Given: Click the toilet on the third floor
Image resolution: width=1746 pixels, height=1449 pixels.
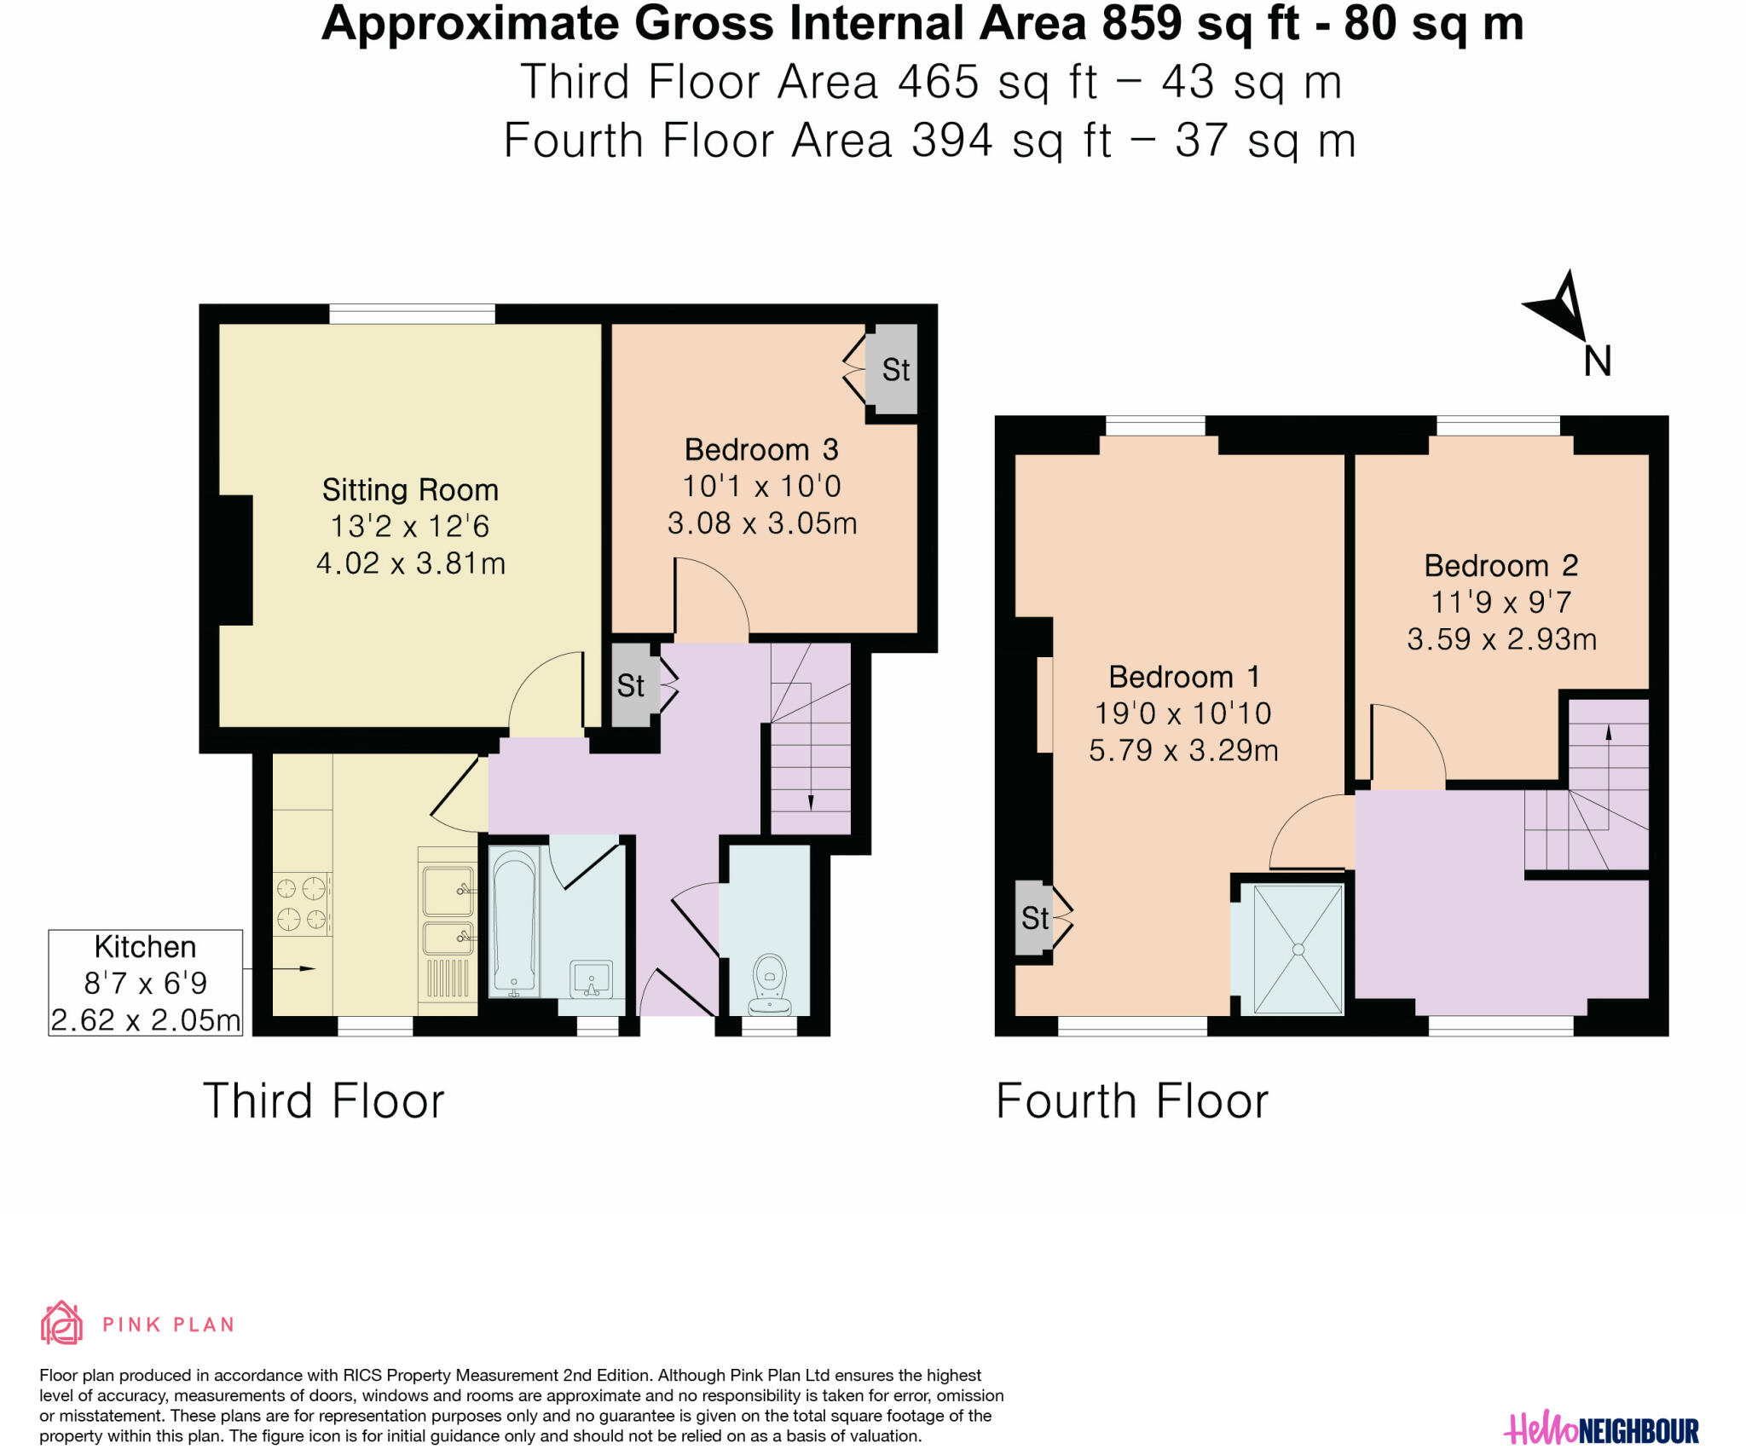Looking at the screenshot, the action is coord(769,982).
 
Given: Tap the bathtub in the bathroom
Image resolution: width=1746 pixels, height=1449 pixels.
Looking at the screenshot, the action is coord(514,921).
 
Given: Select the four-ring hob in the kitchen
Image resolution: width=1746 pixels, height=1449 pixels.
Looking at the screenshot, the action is coord(302,903).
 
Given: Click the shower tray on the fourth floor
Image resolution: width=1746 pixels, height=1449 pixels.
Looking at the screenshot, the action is coord(1298,950).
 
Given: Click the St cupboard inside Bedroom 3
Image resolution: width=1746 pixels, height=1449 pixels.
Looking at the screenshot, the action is coord(893,369).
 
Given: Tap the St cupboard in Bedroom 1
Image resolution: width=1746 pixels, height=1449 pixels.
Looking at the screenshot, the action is coord(1034,918).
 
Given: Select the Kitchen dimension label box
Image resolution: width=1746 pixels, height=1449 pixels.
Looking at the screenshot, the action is coord(146,983).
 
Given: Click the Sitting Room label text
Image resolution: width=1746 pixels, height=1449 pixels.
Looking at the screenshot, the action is coord(410,490).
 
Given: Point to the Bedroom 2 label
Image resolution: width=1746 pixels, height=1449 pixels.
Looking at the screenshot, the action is coord(1501,565).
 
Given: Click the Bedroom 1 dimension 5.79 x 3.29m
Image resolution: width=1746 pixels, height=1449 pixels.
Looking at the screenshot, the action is coord(1183,750).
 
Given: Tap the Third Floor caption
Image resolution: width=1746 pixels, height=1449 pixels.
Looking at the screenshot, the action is coord(324,1100).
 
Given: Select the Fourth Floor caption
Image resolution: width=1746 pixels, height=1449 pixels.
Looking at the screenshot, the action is coord(1132,1100).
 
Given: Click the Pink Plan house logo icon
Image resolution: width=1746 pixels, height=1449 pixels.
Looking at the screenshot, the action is coord(61,1323).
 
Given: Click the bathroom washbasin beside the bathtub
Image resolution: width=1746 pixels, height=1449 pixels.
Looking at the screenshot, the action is coord(592,979).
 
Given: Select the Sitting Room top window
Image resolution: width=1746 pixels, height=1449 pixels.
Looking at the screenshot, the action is coord(412,315).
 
